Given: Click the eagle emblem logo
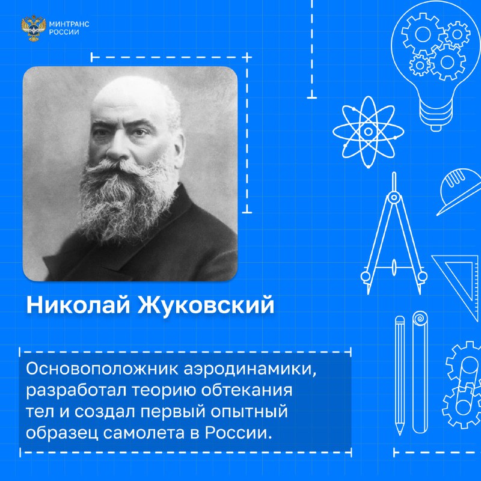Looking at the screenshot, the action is point(34,28).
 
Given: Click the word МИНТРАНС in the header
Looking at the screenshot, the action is point(69,24).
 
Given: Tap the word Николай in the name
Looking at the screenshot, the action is point(78,305).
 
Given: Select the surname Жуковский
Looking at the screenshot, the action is point(206,305).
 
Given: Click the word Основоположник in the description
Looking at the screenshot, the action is point(102,369).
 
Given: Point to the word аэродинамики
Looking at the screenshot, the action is point(250,369).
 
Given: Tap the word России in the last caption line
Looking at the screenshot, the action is point(238,432).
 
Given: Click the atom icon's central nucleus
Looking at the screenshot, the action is point(369,132).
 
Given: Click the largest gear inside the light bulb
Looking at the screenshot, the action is point(447,63).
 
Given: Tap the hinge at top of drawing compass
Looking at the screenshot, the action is point(394,197).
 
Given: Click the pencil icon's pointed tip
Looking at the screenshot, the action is point(399,432).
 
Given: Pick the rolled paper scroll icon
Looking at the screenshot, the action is point(420,372).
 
